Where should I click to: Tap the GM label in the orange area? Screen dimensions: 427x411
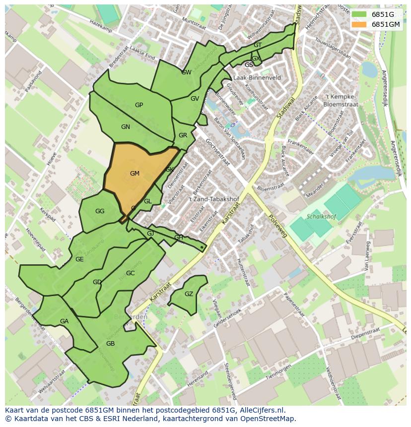click(135, 174)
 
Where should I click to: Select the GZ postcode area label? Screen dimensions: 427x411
click(189, 294)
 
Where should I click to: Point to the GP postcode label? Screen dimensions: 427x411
click(139, 105)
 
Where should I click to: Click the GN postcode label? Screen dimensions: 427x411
click(126, 127)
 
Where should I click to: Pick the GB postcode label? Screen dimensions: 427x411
click(110, 344)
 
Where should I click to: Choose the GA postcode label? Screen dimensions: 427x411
click(64, 321)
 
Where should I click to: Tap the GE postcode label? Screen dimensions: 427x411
click(79, 259)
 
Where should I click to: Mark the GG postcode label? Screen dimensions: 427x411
click(100, 211)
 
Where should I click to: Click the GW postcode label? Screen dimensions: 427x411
click(186, 72)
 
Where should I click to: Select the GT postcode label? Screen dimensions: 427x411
click(258, 45)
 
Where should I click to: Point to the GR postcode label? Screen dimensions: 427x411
click(183, 135)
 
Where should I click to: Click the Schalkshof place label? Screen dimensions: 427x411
click(321, 217)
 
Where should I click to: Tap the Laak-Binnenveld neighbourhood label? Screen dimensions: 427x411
click(257, 78)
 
